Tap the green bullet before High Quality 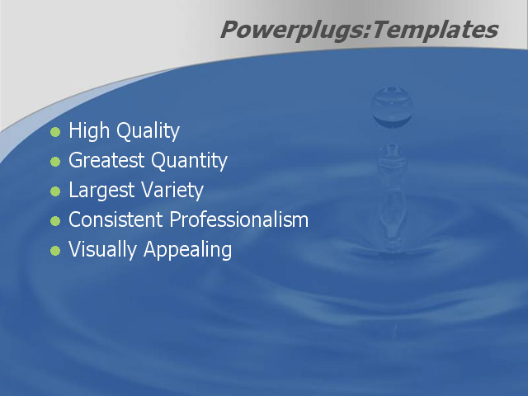click(55, 132)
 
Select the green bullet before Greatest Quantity click(55, 162)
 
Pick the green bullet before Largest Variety click(55, 191)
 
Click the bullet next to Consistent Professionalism click(55, 221)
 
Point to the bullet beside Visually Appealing click(55, 251)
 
